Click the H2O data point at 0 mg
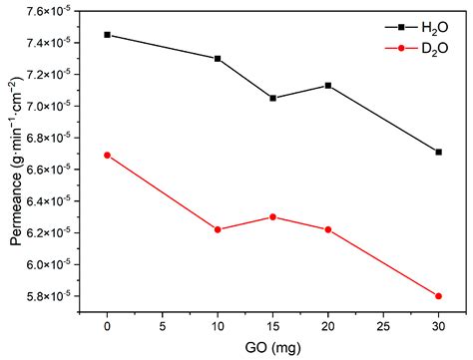(x=108, y=35)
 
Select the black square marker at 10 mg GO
(x=218, y=58)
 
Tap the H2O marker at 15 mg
(x=272, y=98)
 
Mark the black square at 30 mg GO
(x=438, y=152)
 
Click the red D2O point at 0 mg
(x=108, y=155)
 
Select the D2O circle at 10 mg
(x=218, y=229)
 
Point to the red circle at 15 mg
(x=272, y=216)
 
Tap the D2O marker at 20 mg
(x=328, y=229)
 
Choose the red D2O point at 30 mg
(x=438, y=296)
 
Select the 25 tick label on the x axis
(x=383, y=327)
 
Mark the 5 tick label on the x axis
(x=163, y=327)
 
